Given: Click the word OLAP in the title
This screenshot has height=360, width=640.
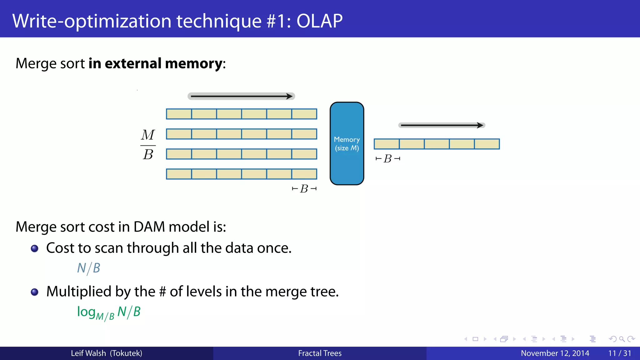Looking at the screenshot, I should tap(319, 21).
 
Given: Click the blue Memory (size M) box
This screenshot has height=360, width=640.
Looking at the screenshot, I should tap(347, 143).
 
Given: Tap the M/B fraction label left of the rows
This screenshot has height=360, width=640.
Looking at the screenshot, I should tap(148, 145).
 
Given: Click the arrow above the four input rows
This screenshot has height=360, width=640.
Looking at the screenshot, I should tap(241, 96).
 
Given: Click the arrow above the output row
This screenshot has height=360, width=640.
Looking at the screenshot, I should tap(442, 125).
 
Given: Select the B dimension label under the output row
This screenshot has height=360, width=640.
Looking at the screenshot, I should tap(388, 159).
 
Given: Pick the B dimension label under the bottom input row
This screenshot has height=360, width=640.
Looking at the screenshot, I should tap(304, 189).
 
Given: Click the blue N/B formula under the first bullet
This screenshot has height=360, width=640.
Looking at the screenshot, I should tap(89, 268).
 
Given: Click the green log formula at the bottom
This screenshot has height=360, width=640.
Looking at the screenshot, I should tap(109, 312).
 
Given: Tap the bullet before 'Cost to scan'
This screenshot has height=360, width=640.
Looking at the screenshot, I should tap(35, 248).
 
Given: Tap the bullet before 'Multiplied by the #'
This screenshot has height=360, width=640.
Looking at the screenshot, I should tap(35, 292).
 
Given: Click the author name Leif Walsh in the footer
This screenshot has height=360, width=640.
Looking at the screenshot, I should tap(88, 353).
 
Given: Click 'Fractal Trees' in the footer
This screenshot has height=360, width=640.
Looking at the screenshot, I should tap(320, 353).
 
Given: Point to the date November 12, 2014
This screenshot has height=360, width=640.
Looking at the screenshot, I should tap(555, 353).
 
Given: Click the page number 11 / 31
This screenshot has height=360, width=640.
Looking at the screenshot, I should tap(619, 353).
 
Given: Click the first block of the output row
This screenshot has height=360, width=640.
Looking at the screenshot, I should tap(387, 144).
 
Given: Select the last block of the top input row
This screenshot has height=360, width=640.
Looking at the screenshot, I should tap(304, 114).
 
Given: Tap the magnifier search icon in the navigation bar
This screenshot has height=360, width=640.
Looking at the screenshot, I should tap(622, 339).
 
